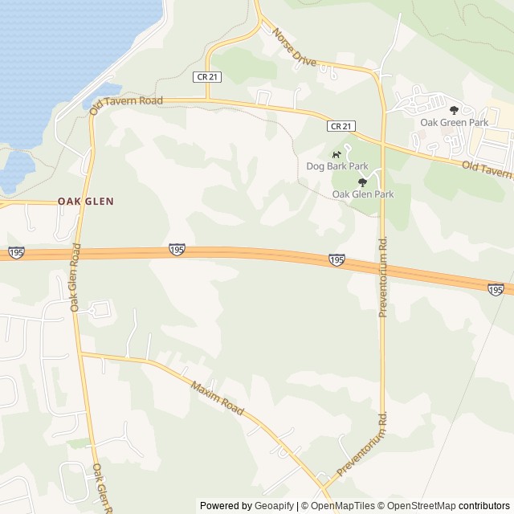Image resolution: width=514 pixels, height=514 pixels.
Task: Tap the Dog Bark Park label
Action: pos(337,166)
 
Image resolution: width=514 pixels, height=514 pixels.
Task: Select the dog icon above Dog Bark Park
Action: pos(337,153)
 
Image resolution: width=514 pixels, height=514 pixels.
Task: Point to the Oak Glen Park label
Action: pos(363,194)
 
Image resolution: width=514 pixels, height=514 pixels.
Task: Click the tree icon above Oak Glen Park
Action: pos(362,182)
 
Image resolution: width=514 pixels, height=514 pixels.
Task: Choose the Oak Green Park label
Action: pos(455,122)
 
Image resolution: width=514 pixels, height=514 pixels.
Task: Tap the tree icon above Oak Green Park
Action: pos(454,110)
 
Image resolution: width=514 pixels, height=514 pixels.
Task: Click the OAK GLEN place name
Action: pos(85,202)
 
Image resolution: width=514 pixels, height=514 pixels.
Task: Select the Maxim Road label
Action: pos(217,398)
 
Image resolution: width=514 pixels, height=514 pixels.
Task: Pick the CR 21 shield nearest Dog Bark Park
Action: pos(341,126)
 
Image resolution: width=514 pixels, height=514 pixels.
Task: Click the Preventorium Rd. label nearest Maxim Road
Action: pos(362,445)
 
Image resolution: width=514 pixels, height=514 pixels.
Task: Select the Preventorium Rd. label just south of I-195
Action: pos(383,276)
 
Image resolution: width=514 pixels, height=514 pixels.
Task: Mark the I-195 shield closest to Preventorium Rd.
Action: pos(337,259)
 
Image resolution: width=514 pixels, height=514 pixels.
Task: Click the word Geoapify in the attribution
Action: pos(274,506)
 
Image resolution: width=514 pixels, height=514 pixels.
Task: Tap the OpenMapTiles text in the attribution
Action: pos(344,506)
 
